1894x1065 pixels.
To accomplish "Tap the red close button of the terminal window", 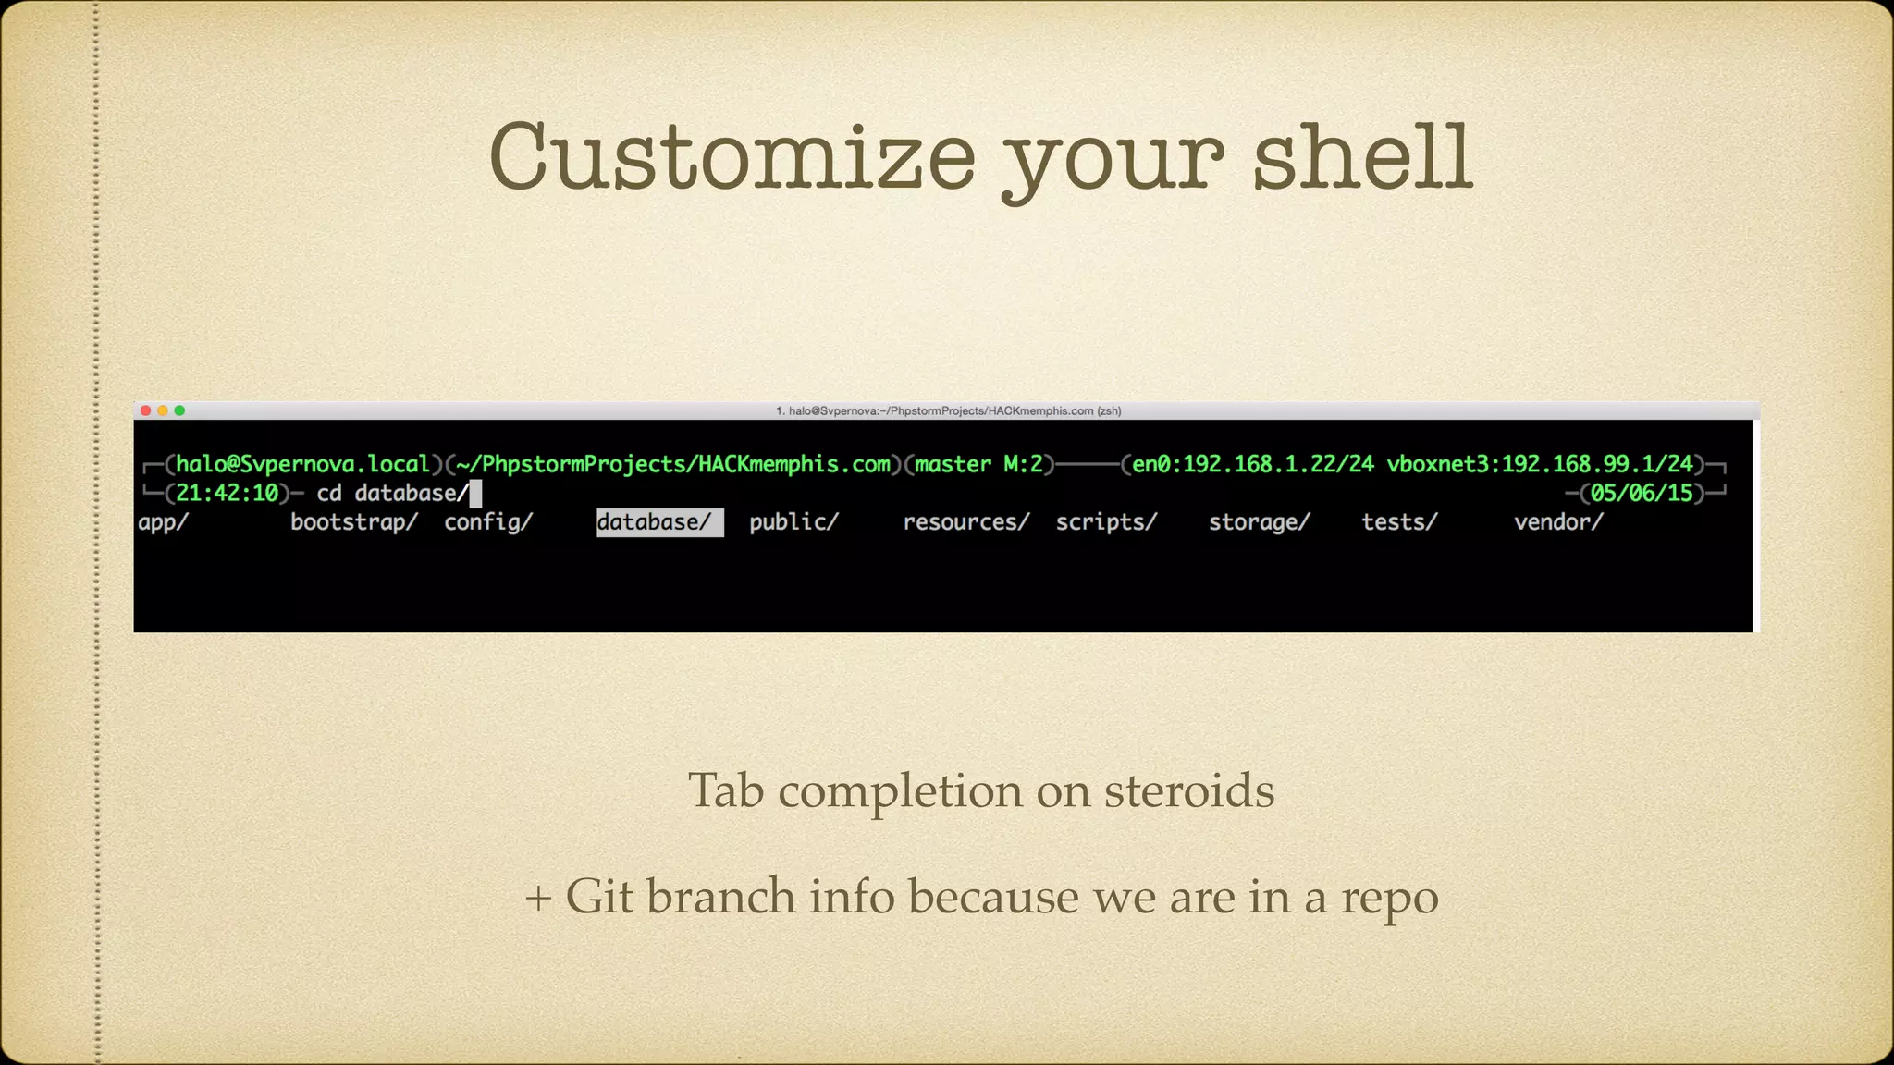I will [145, 410].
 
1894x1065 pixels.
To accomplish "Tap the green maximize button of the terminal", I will [179, 410].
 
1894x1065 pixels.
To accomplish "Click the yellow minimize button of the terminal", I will [163, 410].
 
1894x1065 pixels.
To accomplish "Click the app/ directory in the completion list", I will [164, 522].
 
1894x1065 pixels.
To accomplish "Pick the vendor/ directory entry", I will [1558, 522].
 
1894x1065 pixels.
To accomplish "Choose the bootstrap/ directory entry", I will [354, 522].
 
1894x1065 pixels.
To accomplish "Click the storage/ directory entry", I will [1260, 522].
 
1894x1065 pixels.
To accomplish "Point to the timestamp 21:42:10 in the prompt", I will [228, 493].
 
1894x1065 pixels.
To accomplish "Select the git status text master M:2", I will [978, 464].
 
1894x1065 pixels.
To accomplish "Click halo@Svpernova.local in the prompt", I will [303, 464].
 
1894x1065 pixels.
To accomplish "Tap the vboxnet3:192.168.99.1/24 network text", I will [1539, 464].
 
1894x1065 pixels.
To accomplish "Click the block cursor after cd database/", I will [475, 494].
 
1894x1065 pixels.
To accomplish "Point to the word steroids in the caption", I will [1189, 791].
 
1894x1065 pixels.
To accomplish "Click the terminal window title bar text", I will [948, 411].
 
